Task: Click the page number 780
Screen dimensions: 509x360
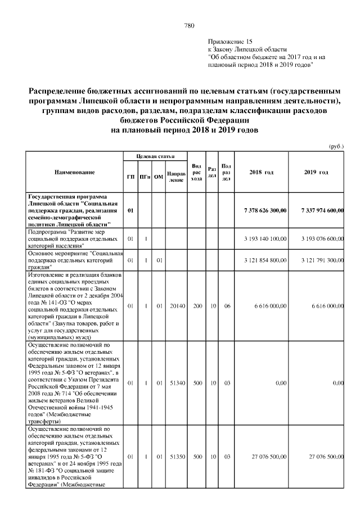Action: pos(189,26)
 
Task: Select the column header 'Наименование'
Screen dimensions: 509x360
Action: pos(74,172)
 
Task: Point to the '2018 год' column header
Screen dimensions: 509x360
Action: pos(261,172)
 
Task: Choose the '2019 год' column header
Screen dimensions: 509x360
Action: pos(316,172)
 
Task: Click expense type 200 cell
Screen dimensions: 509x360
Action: pos(196,306)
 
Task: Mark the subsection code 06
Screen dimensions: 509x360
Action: pos(226,306)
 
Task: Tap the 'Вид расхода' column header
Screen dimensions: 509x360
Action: pos(196,172)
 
